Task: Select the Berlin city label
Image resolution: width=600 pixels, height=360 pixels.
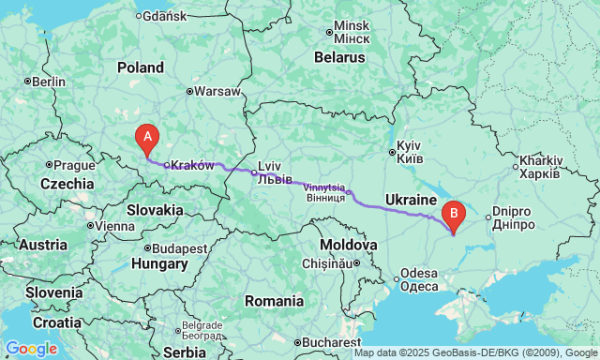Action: click(49, 82)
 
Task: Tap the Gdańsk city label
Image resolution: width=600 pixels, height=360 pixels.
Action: click(166, 16)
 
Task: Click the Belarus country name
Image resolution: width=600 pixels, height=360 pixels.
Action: click(338, 57)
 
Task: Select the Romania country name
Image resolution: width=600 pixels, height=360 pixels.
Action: click(273, 301)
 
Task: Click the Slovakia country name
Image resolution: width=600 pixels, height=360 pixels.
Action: click(155, 210)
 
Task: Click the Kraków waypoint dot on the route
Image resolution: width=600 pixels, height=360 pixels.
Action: click(166, 166)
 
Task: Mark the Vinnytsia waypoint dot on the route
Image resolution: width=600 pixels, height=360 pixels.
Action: click(349, 193)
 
